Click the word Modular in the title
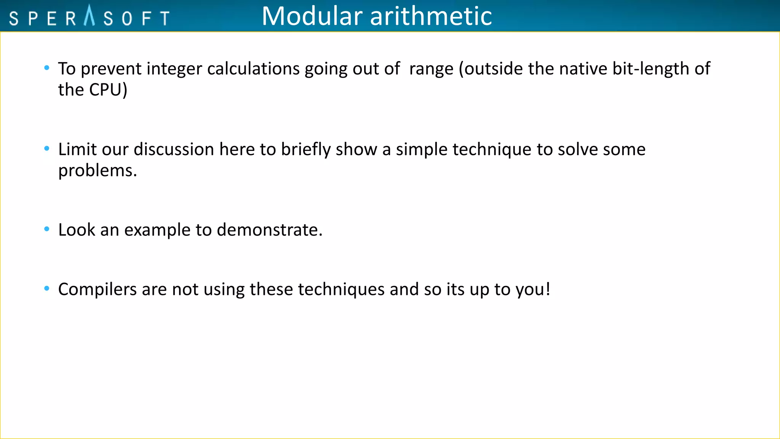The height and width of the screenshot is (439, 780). point(312,16)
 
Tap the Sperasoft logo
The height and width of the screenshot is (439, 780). point(89,17)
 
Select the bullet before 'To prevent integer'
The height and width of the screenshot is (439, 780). point(47,68)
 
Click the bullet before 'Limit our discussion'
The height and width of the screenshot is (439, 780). point(47,149)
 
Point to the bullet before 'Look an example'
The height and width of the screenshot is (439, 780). point(47,229)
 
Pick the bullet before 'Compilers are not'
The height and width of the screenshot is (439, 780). point(47,288)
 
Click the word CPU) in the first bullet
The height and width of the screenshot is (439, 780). point(108,90)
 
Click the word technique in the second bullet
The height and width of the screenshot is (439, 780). point(492,149)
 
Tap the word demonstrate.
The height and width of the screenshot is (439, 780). point(269,230)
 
